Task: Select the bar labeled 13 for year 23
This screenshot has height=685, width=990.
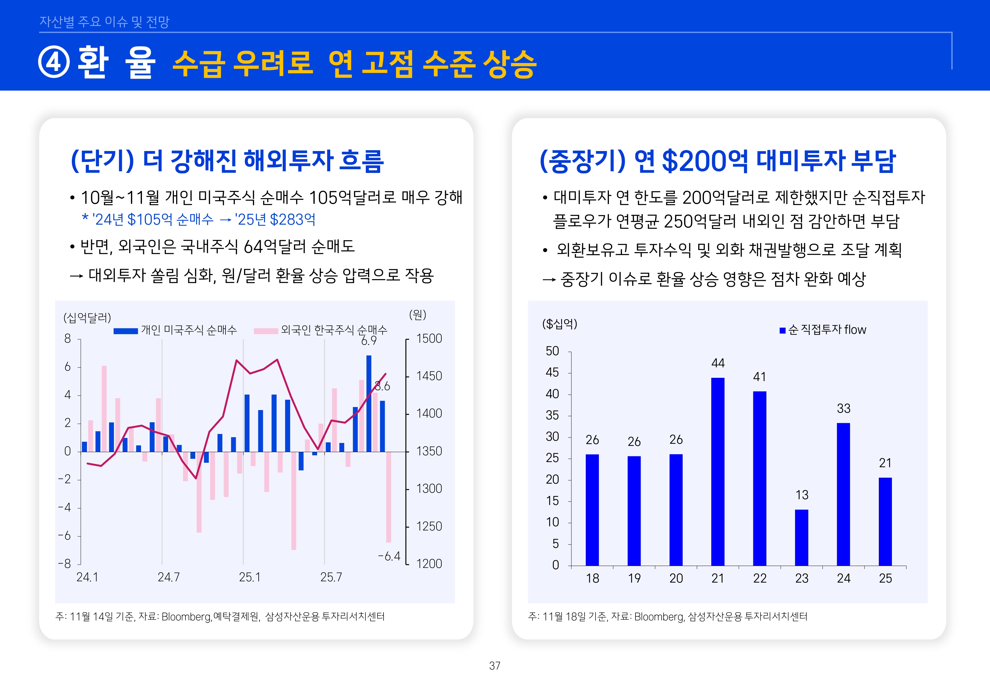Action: pyautogui.click(x=801, y=537)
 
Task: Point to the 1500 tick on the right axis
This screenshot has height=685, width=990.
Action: pyautogui.click(x=429, y=339)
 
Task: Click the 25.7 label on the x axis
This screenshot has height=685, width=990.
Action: pyautogui.click(x=331, y=577)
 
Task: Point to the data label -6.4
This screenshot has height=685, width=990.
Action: pyautogui.click(x=389, y=556)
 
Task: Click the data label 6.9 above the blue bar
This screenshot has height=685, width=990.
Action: pyautogui.click(x=368, y=341)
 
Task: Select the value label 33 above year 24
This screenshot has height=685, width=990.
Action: pyautogui.click(x=843, y=408)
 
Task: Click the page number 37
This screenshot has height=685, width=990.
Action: pyautogui.click(x=495, y=666)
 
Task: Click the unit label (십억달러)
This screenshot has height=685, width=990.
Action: pyautogui.click(x=87, y=318)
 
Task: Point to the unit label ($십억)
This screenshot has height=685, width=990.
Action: pyautogui.click(x=559, y=324)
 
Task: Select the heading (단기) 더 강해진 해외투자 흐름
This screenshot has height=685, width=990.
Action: pyautogui.click(x=227, y=161)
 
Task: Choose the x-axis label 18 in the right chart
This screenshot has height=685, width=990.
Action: pyautogui.click(x=592, y=578)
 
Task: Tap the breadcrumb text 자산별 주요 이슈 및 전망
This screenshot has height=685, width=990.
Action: pyautogui.click(x=104, y=21)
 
